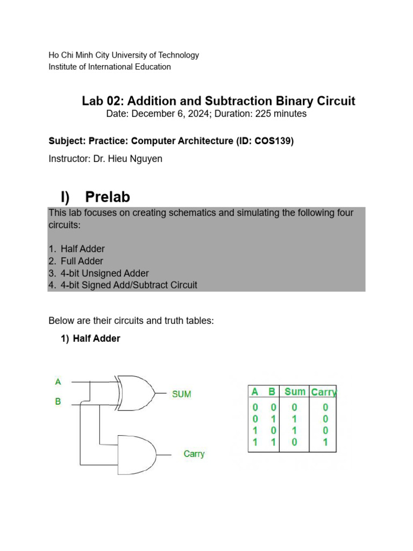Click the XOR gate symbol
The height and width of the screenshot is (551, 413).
click(134, 393)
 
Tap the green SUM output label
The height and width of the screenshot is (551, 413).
click(181, 394)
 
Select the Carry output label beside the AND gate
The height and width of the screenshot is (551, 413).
click(194, 454)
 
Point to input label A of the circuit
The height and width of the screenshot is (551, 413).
click(58, 382)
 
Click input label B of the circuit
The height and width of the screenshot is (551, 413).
click(58, 401)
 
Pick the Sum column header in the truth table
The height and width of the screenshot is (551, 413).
click(295, 392)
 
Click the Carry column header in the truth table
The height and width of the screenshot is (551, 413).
click(324, 392)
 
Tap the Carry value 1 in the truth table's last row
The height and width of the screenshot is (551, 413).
click(325, 442)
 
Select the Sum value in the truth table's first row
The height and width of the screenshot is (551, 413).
click(295, 407)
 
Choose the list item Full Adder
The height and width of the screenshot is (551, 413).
click(82, 261)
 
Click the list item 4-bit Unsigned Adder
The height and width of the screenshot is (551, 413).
click(105, 273)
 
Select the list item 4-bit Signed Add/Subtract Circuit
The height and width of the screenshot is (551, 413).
click(129, 285)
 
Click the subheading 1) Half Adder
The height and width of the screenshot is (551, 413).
click(90, 338)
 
